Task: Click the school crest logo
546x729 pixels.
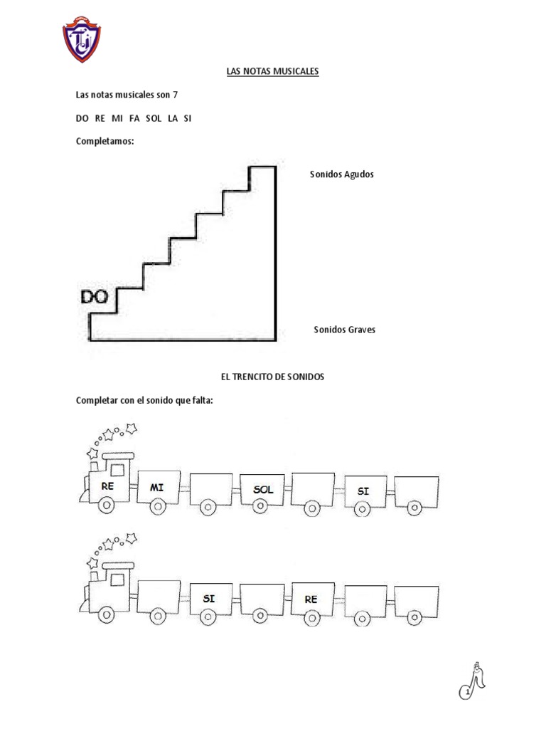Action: (82, 39)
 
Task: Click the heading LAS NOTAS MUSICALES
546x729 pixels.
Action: (272, 71)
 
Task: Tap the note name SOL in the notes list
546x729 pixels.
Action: (154, 119)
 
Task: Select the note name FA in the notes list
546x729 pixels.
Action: (134, 119)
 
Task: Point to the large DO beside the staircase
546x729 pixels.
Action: (95, 297)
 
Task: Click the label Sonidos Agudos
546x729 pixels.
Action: (342, 174)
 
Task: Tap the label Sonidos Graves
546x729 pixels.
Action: (345, 330)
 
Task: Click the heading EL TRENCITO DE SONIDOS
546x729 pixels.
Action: (272, 377)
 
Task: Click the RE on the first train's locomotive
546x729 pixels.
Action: (107, 486)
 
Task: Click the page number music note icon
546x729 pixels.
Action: (472, 681)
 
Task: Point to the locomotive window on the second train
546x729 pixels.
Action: (117, 579)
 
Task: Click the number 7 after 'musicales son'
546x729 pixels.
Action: (175, 95)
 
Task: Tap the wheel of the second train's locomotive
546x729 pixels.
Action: (107, 615)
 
